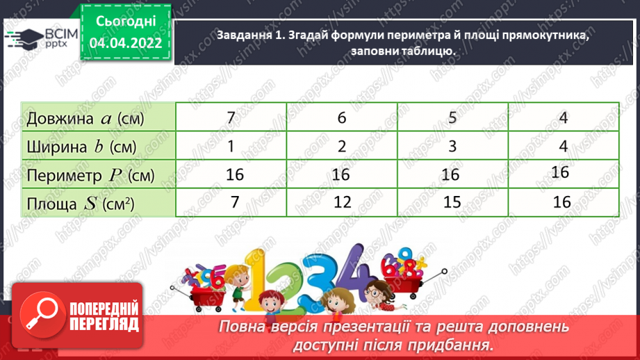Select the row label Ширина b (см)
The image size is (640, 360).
[x=81, y=147]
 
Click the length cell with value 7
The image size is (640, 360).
[x=231, y=117]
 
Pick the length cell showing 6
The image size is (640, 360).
[x=341, y=117]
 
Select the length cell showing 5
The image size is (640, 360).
[x=452, y=117]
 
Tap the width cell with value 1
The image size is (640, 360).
[x=231, y=146]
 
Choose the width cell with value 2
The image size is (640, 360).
[x=341, y=146]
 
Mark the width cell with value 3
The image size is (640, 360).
[x=452, y=146]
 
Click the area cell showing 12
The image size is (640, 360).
[x=341, y=202]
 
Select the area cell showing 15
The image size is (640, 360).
[x=452, y=202]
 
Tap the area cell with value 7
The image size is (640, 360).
[x=234, y=202]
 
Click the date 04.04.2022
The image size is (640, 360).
[x=130, y=43]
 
